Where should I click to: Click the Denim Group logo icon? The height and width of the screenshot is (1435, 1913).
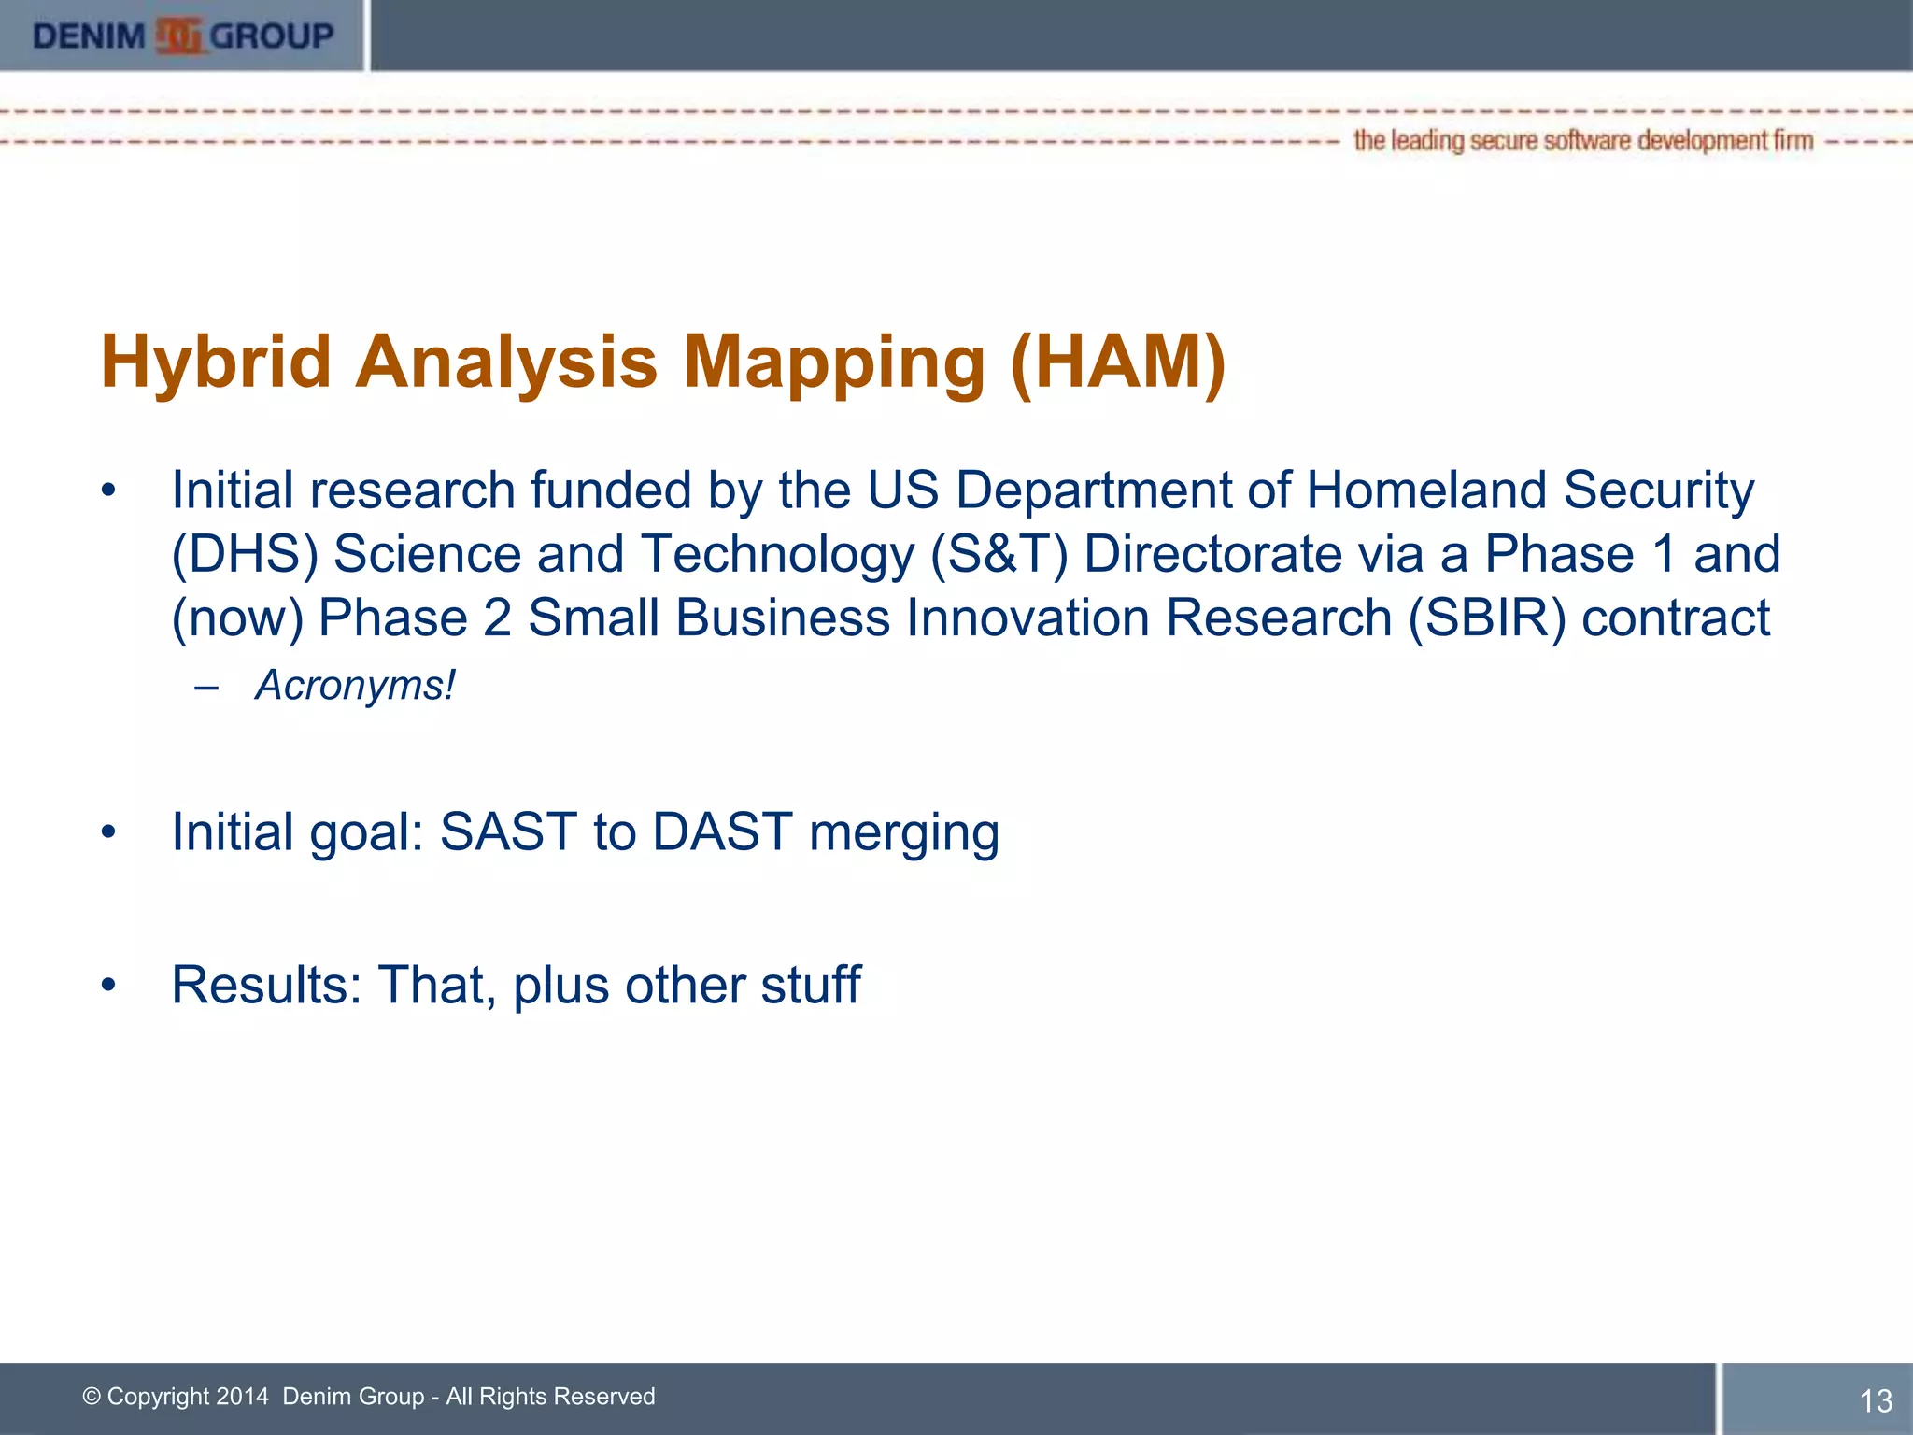click(x=178, y=36)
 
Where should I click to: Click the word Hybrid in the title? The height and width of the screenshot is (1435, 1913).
click(x=216, y=362)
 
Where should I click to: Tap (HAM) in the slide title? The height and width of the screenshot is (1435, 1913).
click(x=1117, y=362)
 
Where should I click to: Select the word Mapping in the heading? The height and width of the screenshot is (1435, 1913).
click(x=834, y=362)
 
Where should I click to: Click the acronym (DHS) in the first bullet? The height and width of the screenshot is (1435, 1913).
click(x=245, y=554)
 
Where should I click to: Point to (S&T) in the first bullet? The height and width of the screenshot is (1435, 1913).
click(x=998, y=554)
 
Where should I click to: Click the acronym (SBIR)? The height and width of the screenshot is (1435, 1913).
click(x=1486, y=618)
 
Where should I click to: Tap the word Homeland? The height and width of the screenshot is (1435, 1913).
click(x=1426, y=490)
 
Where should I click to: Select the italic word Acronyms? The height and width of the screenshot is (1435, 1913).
click(x=355, y=686)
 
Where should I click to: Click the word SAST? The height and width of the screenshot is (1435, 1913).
click(x=508, y=831)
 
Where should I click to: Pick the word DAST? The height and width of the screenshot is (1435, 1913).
click(x=722, y=831)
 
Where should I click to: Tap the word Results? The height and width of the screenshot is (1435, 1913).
click(x=266, y=985)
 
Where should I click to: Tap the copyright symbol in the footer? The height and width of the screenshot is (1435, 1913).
click(x=92, y=1397)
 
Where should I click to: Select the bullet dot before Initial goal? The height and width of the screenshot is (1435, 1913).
click(x=109, y=831)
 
